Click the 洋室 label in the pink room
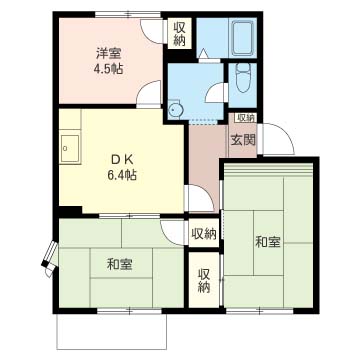point(109,53)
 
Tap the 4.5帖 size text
point(108,69)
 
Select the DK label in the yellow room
point(122,160)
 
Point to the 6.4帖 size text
point(122,175)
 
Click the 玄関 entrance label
point(243,141)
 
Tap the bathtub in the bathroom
point(243,38)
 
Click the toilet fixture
point(242,78)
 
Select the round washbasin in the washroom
point(174,110)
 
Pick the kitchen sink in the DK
point(70,148)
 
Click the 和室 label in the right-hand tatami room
point(268,242)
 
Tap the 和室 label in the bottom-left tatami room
point(119,265)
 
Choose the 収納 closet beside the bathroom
point(179,34)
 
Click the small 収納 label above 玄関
point(246,117)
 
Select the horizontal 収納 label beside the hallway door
point(204,234)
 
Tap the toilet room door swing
point(215,94)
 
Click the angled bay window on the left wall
point(50,257)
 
